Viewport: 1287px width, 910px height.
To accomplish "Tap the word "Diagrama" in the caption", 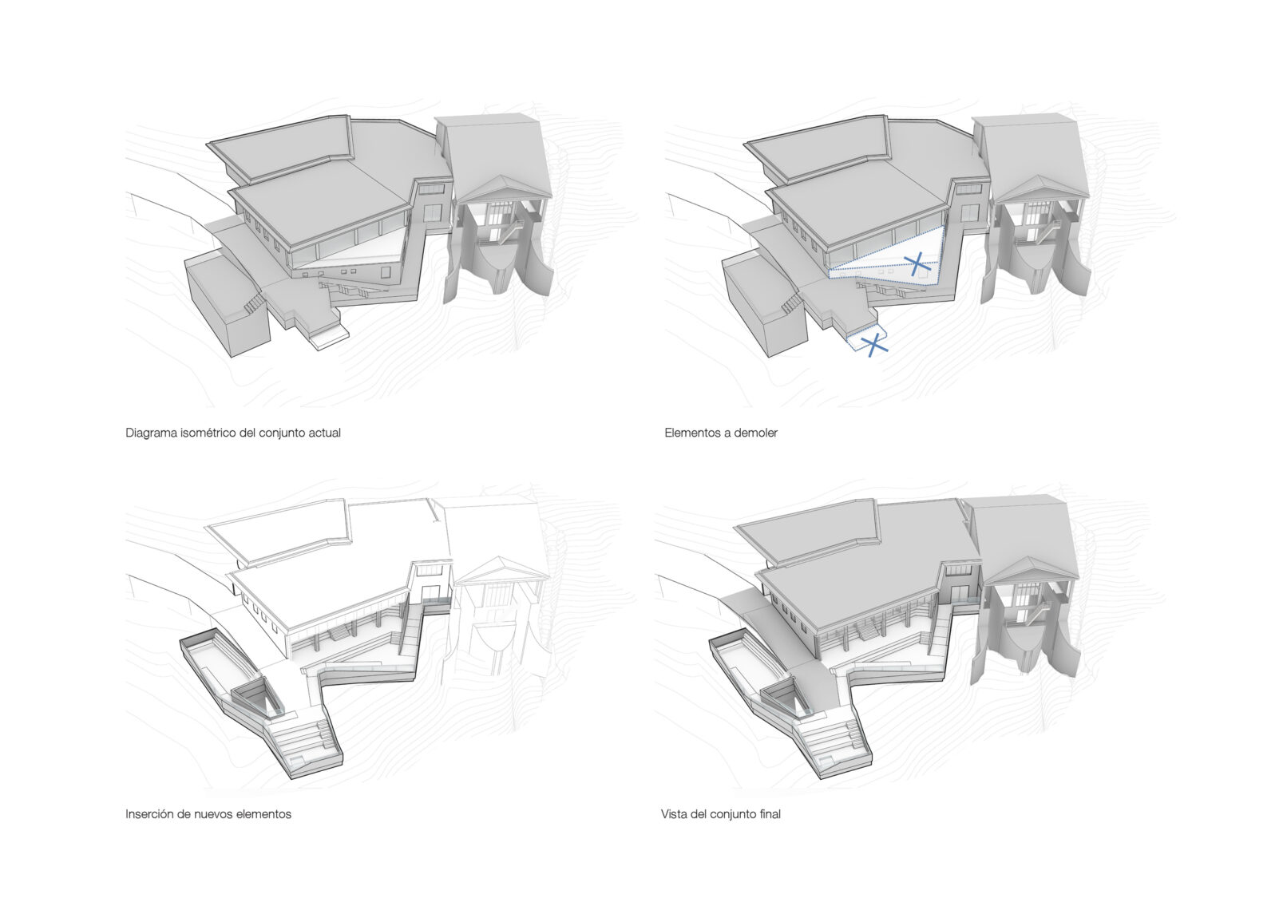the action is point(151,433).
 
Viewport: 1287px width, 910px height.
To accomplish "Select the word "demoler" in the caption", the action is point(757,433).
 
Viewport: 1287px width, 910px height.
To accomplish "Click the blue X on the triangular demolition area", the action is point(917,263).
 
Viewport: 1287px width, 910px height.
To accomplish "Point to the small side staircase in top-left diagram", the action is point(255,303).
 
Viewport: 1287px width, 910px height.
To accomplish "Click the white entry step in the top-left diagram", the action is point(331,339).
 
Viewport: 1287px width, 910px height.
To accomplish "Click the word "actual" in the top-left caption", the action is point(324,433).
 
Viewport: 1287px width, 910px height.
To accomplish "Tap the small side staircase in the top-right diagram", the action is point(792,303).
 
